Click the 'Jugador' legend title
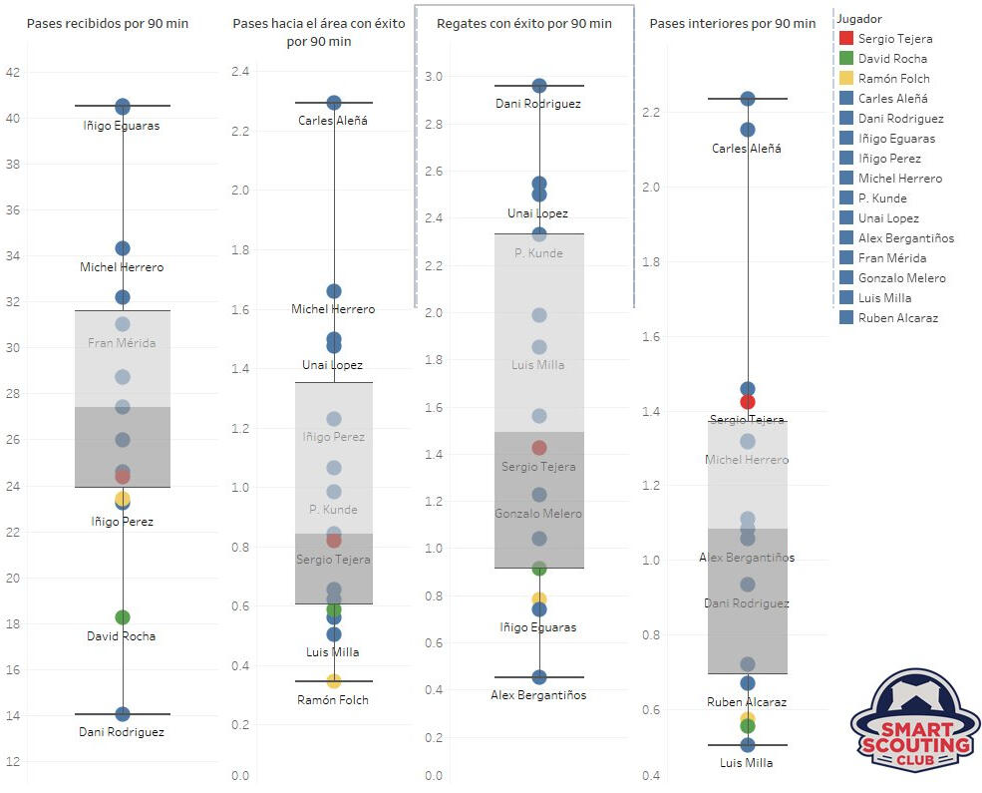(859, 19)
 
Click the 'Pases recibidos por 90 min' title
(108, 23)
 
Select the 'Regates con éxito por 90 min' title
(524, 23)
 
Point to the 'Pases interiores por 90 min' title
(732, 23)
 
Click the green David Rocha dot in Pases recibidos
(123, 617)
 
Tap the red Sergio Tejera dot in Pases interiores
(748, 402)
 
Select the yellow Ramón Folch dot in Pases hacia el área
(334, 681)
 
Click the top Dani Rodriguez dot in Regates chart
(539, 86)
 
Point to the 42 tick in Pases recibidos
(12, 72)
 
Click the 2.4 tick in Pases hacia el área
(240, 72)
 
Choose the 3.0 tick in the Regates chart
(433, 76)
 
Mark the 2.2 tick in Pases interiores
(651, 113)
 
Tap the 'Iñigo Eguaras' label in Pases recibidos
(122, 126)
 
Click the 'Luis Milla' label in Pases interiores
(747, 763)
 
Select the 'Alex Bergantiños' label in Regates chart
(539, 695)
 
